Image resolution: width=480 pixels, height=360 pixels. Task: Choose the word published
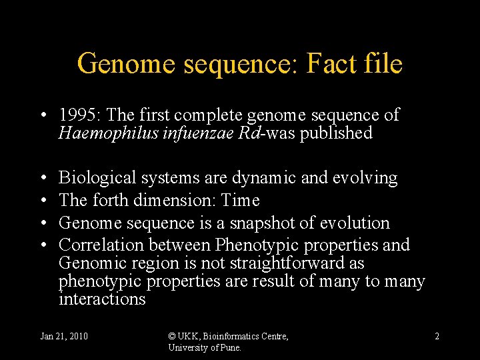336,133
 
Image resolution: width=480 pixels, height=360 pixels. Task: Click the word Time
240,200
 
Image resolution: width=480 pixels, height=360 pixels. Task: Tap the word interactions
102,299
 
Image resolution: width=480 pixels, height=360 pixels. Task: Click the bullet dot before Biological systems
43,179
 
